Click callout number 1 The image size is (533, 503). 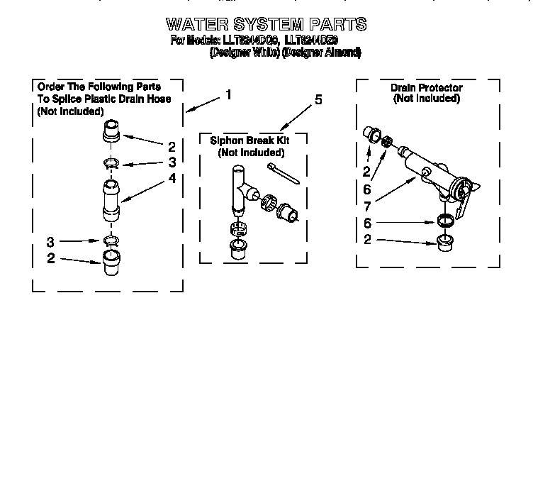[x=228, y=94]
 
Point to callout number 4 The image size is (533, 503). [x=172, y=179]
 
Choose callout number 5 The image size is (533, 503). [x=318, y=99]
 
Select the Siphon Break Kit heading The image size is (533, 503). [x=250, y=140]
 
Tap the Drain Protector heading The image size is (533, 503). [x=426, y=88]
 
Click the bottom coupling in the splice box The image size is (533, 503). [x=111, y=263]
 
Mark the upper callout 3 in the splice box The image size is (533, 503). [x=172, y=162]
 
